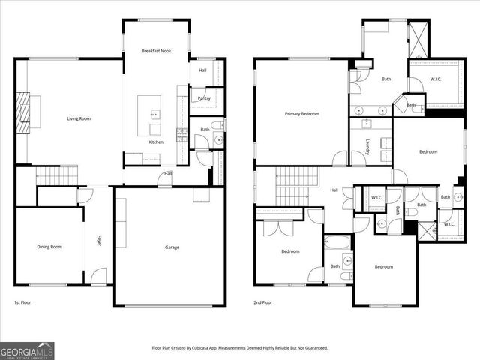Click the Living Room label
(x=79, y=118)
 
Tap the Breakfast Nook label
(x=156, y=51)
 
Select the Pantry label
(x=203, y=98)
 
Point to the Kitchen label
(x=156, y=142)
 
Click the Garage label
(x=172, y=247)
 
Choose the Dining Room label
(x=49, y=247)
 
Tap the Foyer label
(x=98, y=241)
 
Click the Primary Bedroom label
(x=301, y=114)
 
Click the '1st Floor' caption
(x=22, y=302)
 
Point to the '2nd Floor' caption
(x=262, y=302)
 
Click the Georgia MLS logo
(x=27, y=350)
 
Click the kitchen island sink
(x=155, y=115)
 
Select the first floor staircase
(x=58, y=176)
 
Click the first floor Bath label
(x=205, y=130)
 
